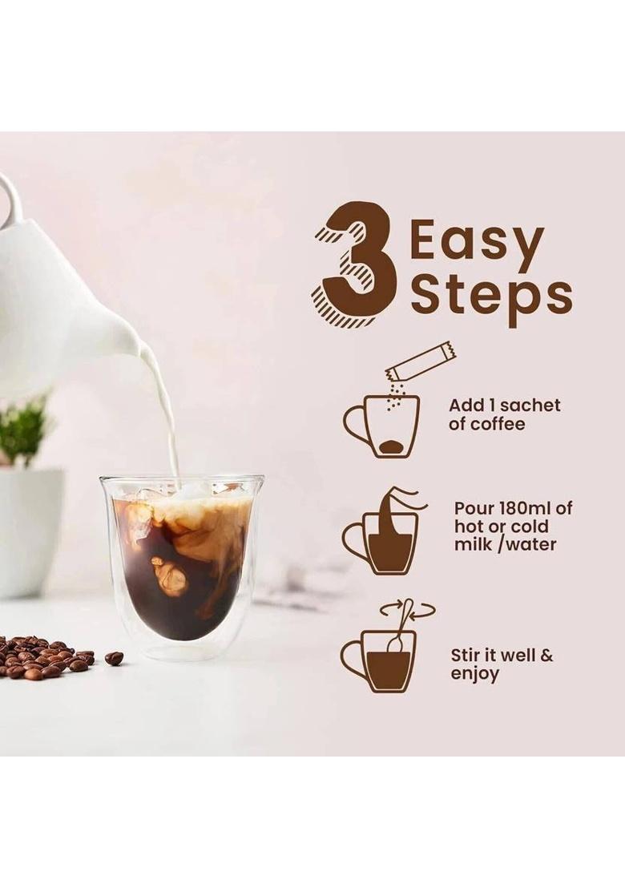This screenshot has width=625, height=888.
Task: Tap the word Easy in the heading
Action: point(476,244)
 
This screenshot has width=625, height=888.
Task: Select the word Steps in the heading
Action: point(490,297)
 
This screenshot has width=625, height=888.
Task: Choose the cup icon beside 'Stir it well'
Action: point(381,660)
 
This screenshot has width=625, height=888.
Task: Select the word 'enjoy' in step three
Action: point(474,674)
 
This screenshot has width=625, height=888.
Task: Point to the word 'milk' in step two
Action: point(473,545)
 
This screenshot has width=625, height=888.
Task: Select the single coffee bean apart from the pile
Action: point(114,658)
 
